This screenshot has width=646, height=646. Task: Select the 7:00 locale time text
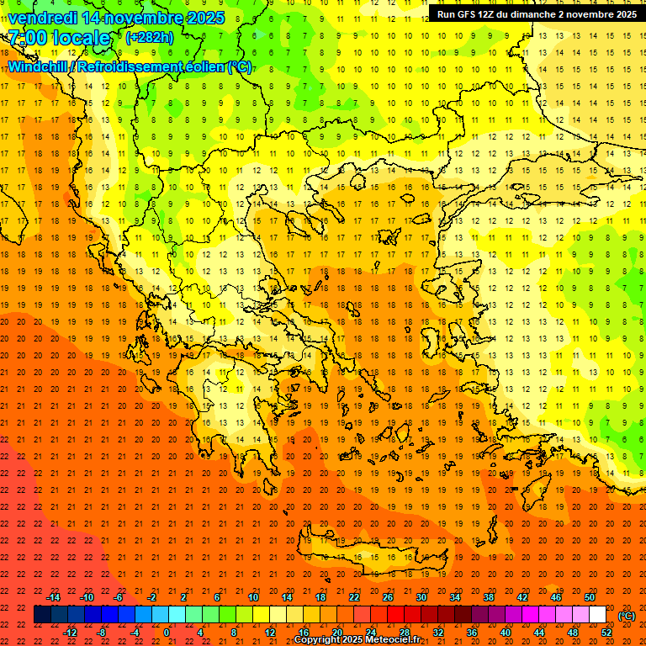59,38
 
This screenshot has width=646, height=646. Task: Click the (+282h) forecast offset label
151,38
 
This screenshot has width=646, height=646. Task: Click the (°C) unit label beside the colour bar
626,616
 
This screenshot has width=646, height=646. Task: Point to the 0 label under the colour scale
167,633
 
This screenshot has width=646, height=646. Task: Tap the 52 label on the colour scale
606,633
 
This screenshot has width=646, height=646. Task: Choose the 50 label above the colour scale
589,597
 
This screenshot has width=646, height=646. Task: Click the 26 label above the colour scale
388,597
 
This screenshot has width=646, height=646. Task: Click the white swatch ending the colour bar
597,615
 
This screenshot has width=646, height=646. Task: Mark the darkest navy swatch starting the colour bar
42,615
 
